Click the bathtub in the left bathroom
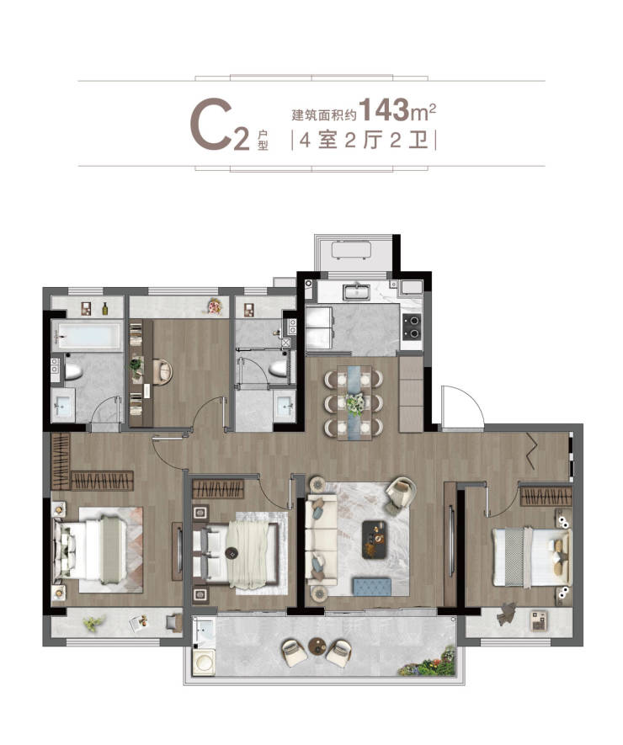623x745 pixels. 87,335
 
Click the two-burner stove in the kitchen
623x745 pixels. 412,327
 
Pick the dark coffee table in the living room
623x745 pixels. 375,539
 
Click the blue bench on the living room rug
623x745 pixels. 371,585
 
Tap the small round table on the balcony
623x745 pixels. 317,646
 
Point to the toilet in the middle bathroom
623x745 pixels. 278,368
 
